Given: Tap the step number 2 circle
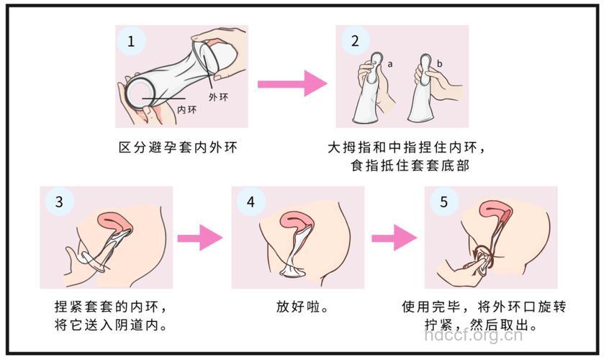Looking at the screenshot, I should [355, 42].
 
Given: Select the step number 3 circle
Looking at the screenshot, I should [59, 202].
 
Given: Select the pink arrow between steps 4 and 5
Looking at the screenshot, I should [394, 237].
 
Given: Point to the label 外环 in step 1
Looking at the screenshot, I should [219, 96].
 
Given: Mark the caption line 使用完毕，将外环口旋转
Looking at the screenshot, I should [484, 306].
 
